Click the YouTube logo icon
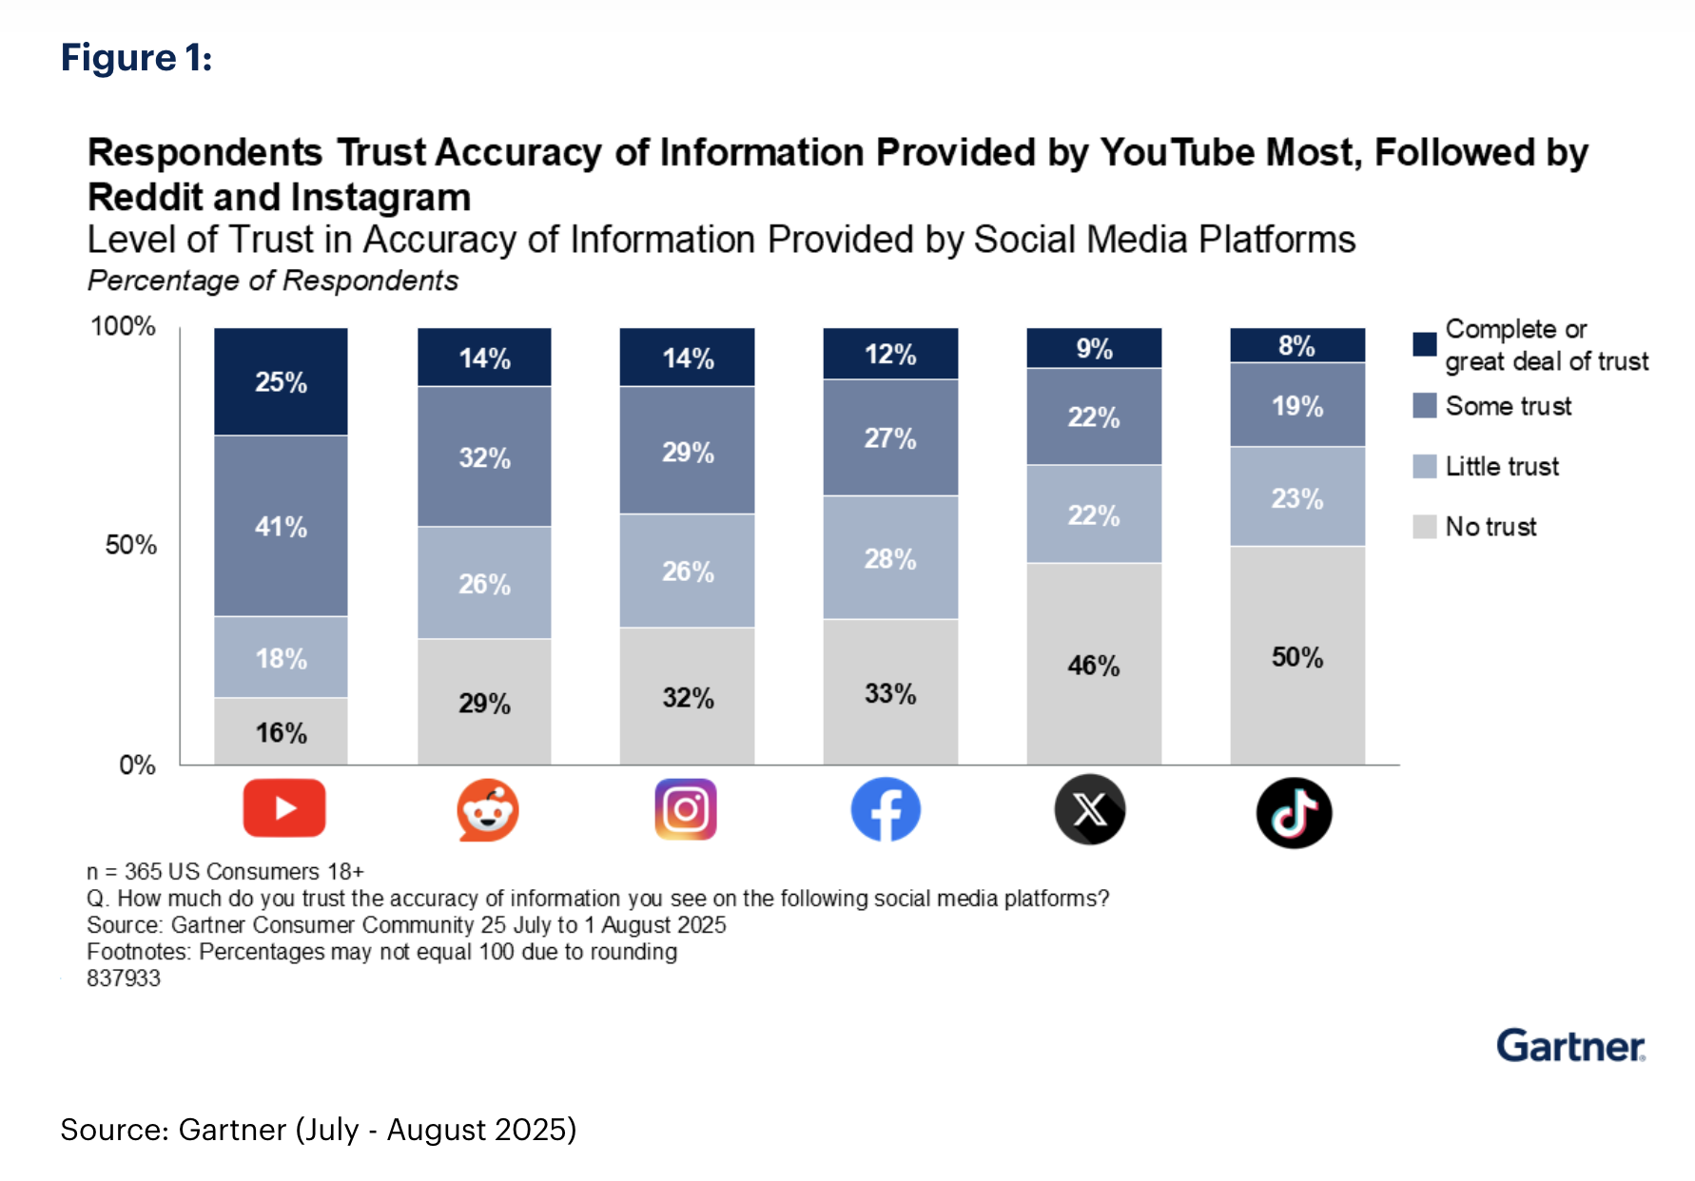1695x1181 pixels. coord(283,808)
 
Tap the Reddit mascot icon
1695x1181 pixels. coord(487,810)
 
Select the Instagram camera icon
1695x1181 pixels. coord(686,809)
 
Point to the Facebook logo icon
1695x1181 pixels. coord(886,810)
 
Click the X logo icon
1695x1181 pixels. coord(1090,810)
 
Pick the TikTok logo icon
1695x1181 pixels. coord(1294,813)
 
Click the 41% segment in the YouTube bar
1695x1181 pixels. coord(281,526)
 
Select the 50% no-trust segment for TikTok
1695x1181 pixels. coord(1297,656)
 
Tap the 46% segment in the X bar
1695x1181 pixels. coord(1094,664)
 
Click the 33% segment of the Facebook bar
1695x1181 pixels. coord(890,692)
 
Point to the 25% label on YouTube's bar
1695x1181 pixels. coord(281,382)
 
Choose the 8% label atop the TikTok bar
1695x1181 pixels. coord(1296,346)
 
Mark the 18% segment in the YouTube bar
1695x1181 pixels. coord(281,657)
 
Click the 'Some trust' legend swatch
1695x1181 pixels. coord(1424,406)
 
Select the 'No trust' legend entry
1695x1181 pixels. coord(1490,527)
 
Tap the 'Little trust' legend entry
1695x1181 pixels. coord(1501,466)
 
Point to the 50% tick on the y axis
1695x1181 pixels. coord(131,545)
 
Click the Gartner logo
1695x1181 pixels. coord(1570,1046)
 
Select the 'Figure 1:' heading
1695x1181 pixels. coord(136,58)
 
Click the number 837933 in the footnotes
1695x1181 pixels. coord(124,978)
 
